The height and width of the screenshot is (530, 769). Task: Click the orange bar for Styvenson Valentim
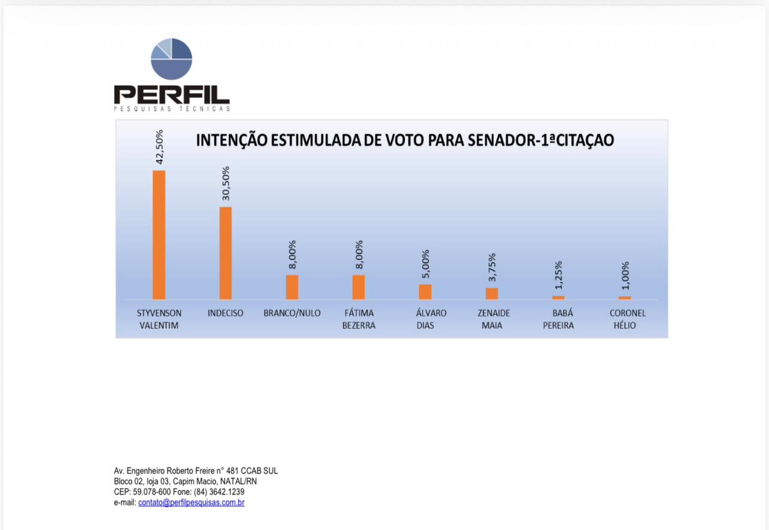[x=159, y=234]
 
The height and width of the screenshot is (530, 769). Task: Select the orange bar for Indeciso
[x=225, y=253]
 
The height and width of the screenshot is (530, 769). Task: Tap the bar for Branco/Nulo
[x=292, y=287]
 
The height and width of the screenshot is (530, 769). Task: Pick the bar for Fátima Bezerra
[x=359, y=287]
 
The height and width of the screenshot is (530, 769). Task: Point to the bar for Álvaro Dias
[x=425, y=291]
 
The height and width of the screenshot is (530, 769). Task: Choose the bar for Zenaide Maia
[x=491, y=293]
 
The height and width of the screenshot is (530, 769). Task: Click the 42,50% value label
[x=159, y=147]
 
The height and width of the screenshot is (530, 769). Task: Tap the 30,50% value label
[x=226, y=183]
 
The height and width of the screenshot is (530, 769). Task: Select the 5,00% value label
[x=425, y=264]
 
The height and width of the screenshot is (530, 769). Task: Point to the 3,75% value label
[x=492, y=267]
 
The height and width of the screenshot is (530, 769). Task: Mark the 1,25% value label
[x=558, y=275]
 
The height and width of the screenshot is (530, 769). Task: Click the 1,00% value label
[x=625, y=276]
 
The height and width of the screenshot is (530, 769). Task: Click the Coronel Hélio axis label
[x=627, y=319]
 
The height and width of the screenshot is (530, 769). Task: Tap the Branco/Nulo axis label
[x=292, y=313]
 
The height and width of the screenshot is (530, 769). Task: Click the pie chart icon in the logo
[x=171, y=59]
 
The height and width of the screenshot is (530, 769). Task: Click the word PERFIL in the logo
[x=171, y=94]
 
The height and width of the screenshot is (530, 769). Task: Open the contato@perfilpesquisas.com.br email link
[x=191, y=502]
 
